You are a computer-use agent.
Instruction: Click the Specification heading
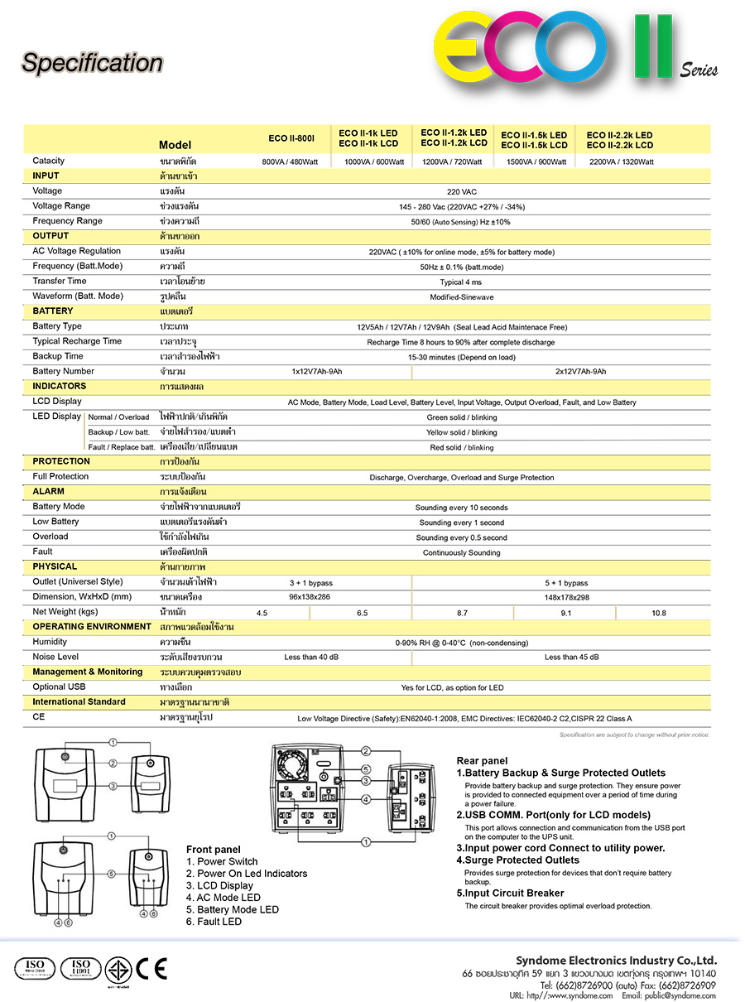[92, 63]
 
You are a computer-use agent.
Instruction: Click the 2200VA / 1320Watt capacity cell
[621, 161]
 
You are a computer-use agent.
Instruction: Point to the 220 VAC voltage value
[461, 191]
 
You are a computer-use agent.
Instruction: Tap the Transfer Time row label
[60, 282]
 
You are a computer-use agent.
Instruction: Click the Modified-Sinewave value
[461, 296]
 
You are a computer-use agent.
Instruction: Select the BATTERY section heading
[53, 311]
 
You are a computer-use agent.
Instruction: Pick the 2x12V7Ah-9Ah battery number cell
[580, 372]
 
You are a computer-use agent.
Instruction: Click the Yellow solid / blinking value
[461, 432]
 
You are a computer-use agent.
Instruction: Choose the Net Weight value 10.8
[658, 613]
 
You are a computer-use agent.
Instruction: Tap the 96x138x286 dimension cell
[310, 597]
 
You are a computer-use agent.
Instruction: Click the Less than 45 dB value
[571, 658]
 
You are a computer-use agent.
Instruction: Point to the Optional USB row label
[59, 687]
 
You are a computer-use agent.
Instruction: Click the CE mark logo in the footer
[151, 968]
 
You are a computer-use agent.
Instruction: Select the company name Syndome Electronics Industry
[616, 961]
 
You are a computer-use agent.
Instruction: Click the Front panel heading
[214, 850]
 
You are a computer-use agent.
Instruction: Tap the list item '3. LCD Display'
[219, 885]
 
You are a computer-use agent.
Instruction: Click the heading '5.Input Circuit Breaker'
[510, 894]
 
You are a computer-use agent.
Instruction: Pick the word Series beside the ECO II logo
[699, 70]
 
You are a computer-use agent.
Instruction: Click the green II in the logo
[653, 47]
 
